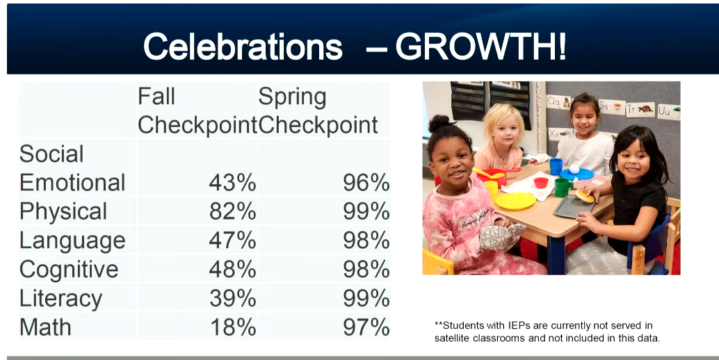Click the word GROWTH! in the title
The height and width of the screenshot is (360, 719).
[x=480, y=47]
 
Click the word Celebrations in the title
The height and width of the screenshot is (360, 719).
[x=243, y=47]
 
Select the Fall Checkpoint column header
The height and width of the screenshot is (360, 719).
[x=197, y=111]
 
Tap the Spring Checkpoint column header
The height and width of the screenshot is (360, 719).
[x=318, y=111]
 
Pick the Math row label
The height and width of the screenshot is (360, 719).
[x=45, y=327]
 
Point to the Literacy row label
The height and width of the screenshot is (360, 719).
[x=61, y=298]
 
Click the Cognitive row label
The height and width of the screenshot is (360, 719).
[x=69, y=269]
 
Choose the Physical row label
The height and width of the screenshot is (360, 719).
[x=63, y=211]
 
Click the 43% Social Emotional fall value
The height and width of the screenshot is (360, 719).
[x=232, y=183]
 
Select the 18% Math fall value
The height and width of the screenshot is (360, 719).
[x=232, y=327]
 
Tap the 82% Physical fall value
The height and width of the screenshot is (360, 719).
[x=232, y=211]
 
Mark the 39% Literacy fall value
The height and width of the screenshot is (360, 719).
[x=232, y=298]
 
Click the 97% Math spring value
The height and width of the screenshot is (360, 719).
[x=366, y=327]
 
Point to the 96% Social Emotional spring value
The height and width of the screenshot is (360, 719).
[x=366, y=183]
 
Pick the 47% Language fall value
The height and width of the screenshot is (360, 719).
[x=232, y=240]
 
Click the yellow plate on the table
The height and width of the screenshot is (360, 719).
[x=515, y=201]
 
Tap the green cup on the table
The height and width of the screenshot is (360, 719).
[x=562, y=187]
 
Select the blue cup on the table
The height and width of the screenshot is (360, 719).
[x=556, y=166]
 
